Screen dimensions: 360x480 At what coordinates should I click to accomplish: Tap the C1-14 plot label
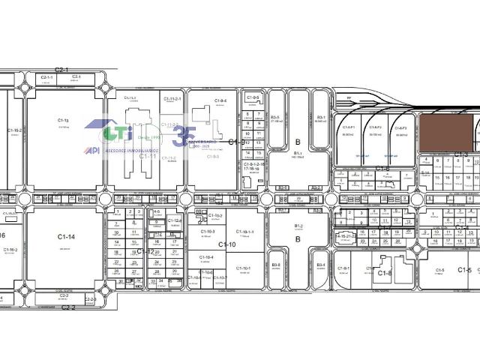point(66,237)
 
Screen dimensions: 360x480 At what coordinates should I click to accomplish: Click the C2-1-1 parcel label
point(46,78)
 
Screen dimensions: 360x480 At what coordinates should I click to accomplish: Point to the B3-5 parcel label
point(275,118)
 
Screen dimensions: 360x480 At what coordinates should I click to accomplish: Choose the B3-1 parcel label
point(320,118)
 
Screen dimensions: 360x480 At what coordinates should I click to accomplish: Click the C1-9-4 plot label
point(220,100)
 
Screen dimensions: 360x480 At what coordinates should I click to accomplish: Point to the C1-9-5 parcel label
point(253,97)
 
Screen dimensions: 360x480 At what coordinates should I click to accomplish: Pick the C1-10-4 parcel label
point(206,257)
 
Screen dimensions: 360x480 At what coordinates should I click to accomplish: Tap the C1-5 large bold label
point(464,270)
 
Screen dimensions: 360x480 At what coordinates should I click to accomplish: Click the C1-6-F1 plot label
point(348,127)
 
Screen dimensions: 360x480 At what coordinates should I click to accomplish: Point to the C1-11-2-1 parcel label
point(172,99)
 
